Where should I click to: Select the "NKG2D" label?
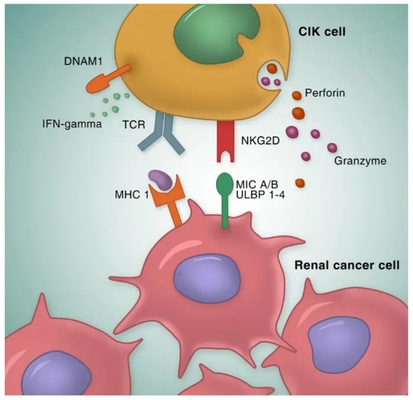point(259,141)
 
